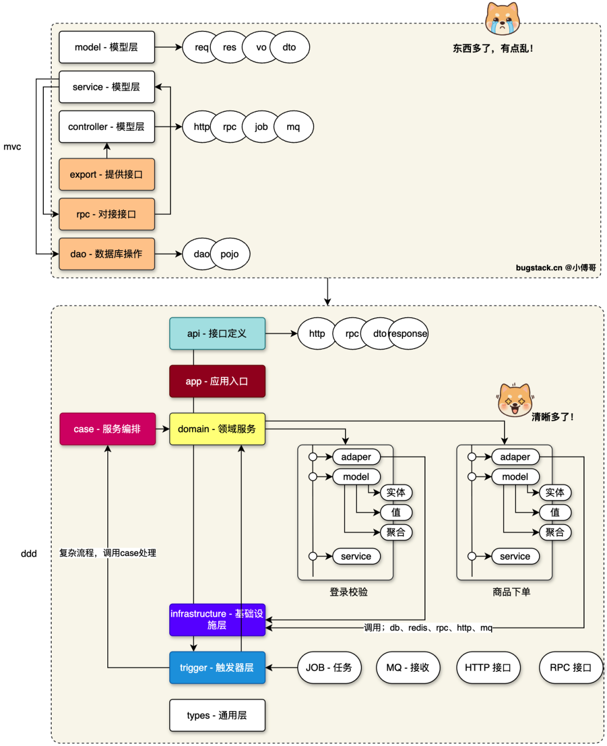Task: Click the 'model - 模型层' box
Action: (107, 47)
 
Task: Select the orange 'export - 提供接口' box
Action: (107, 174)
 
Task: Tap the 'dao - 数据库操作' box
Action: (107, 254)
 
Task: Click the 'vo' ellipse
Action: (261, 47)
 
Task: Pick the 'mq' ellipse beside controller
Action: (293, 127)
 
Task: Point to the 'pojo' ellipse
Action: (230, 254)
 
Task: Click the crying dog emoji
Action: (502, 19)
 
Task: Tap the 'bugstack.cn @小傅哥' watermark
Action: (556, 268)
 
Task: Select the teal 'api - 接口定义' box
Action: (218, 333)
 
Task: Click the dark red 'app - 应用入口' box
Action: (218, 381)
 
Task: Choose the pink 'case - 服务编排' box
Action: (107, 429)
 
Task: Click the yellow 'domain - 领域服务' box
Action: (218, 429)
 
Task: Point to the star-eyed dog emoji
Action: (515, 400)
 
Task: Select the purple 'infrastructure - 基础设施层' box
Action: (218, 620)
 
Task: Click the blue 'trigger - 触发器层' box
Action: (218, 668)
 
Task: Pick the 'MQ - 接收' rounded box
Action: (408, 668)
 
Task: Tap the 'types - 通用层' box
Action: (218, 716)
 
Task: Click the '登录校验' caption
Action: (348, 592)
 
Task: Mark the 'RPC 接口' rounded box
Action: (570, 668)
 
